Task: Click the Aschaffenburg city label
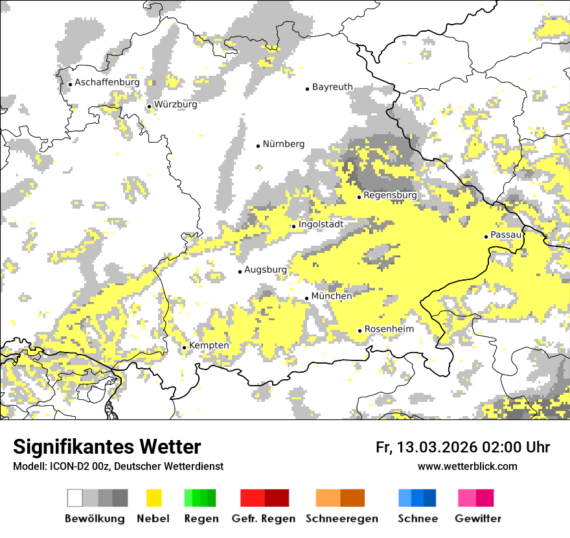pyautogui.click(x=107, y=83)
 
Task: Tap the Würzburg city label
pyautogui.click(x=176, y=104)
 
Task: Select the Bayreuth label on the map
pyautogui.click(x=332, y=87)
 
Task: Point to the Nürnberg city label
pyautogui.click(x=283, y=145)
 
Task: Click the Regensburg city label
pyautogui.click(x=390, y=195)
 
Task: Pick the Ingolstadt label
pyautogui.click(x=321, y=225)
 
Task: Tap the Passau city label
pyautogui.click(x=506, y=235)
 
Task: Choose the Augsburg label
pyautogui.click(x=265, y=270)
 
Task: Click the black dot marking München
pyautogui.click(x=307, y=298)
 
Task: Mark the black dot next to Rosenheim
pyautogui.click(x=360, y=331)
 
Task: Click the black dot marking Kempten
pyautogui.click(x=184, y=347)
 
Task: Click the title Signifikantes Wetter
pyautogui.click(x=107, y=447)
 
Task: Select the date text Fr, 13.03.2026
pyautogui.click(x=426, y=447)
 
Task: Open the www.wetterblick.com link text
pyautogui.click(x=467, y=466)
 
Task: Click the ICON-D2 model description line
pyautogui.click(x=118, y=466)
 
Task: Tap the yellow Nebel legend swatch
pyautogui.click(x=154, y=498)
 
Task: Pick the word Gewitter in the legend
pyautogui.click(x=477, y=519)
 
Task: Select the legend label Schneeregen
pyautogui.click(x=341, y=519)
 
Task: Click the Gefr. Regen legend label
pyautogui.click(x=263, y=519)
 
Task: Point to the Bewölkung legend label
pyautogui.click(x=94, y=519)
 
